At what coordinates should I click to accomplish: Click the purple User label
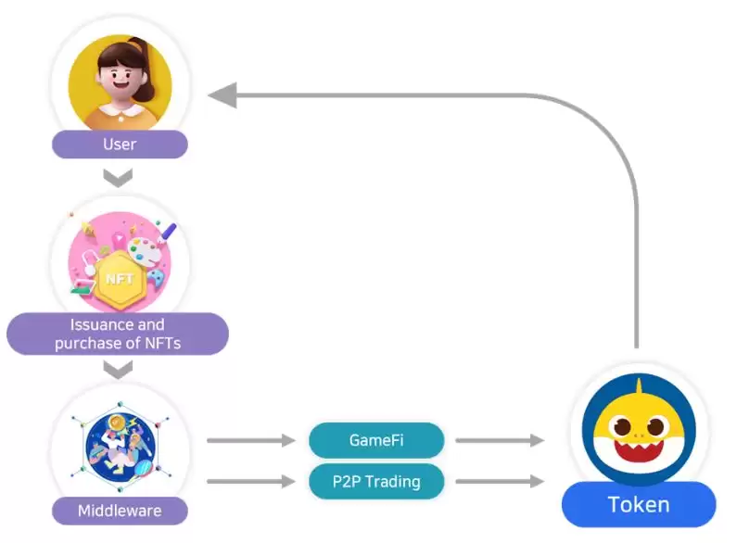120,145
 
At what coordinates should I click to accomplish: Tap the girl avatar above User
121,82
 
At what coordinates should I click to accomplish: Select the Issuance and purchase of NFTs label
118,335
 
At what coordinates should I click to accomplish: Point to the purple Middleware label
120,511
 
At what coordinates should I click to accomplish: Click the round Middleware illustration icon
120,449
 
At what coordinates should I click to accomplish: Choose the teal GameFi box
375,441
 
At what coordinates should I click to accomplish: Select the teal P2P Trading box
375,481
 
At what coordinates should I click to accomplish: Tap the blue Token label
639,505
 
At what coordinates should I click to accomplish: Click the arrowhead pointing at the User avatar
222,95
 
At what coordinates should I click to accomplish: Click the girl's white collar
121,113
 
